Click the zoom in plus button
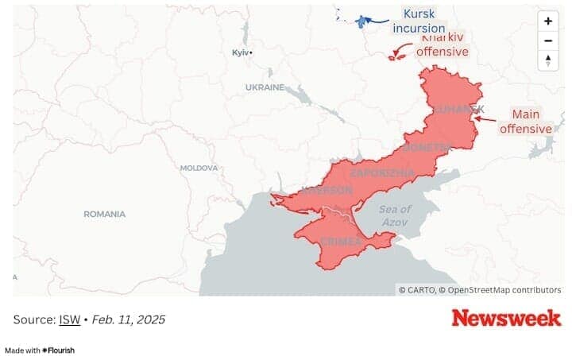coord(547,21)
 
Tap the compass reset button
coord(547,60)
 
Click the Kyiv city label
coord(241,52)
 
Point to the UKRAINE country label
coord(265,87)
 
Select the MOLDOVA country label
coord(199,168)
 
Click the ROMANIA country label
coord(105,214)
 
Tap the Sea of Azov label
coord(395,215)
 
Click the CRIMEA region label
coord(341,241)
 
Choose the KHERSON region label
coord(327,191)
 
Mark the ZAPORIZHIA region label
coord(382,172)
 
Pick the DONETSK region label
coord(427,147)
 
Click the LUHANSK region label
coord(458,109)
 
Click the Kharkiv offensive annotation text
coord(443,45)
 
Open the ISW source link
coord(70,319)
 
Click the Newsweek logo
coord(505,318)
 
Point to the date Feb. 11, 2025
coord(129,319)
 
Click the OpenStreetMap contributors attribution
coord(504,290)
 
